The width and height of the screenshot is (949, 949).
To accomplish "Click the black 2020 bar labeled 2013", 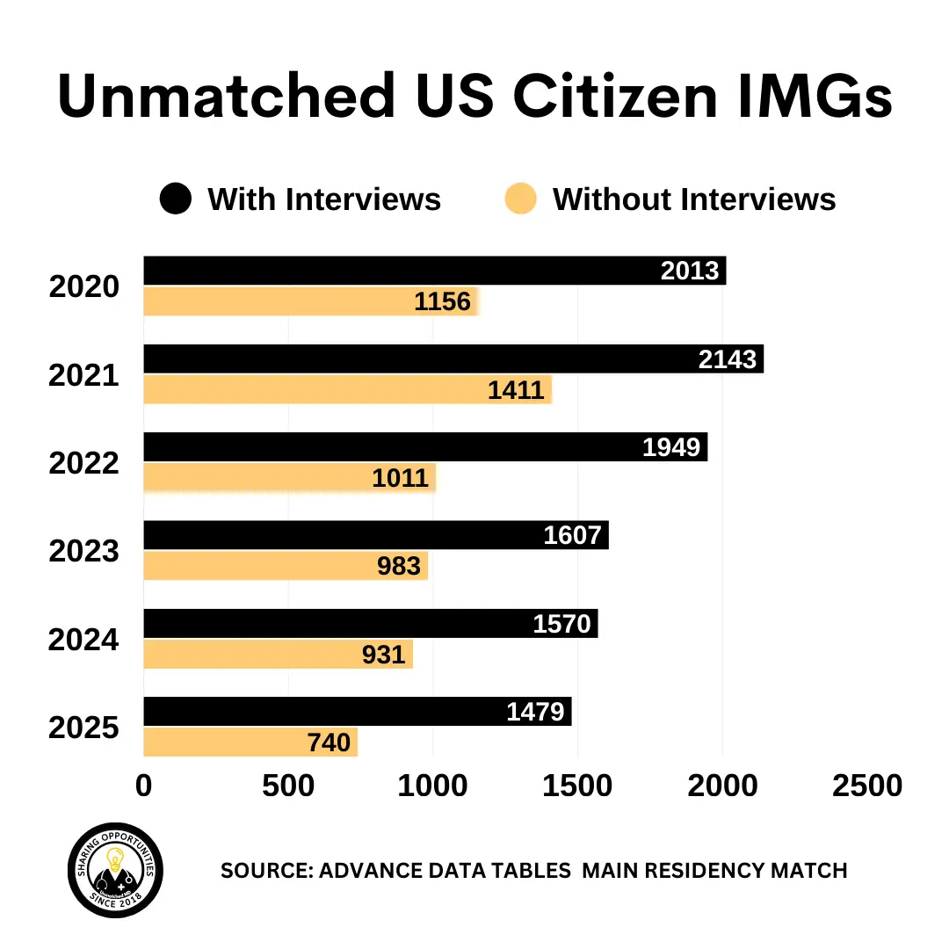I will (x=395, y=271).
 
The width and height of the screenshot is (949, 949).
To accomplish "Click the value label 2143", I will (x=728, y=359).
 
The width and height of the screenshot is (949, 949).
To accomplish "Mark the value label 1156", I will (x=442, y=302).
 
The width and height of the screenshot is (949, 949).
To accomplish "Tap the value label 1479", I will (x=535, y=711).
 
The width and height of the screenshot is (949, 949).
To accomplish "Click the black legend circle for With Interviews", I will (x=175, y=199).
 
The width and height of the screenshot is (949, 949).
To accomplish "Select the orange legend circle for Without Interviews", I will (x=521, y=199).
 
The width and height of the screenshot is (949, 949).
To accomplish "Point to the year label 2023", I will (x=83, y=551).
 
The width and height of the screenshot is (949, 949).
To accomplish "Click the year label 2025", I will (x=83, y=728).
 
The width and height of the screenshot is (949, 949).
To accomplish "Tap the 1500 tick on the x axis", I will (x=577, y=786).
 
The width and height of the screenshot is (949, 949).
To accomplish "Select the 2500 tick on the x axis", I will (x=866, y=786).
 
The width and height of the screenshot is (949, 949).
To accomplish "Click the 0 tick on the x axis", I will (x=143, y=786).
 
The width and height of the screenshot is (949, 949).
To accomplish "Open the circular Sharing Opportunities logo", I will (x=115, y=871).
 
